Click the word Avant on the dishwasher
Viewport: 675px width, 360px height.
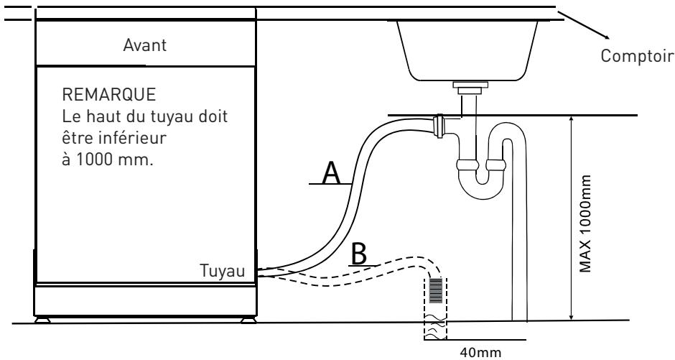coord(144,45)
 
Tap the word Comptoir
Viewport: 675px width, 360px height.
coord(637,56)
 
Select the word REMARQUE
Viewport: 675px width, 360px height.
coord(109,94)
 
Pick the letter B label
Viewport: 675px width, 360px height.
coord(359,254)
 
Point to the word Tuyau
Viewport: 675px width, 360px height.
coord(222,271)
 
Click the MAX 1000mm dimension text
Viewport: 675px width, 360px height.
coord(585,223)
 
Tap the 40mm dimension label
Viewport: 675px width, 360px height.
coord(480,352)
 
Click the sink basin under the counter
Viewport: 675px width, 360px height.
coord(467,51)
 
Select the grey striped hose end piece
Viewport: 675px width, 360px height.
coord(436,290)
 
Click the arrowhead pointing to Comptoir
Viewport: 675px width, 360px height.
coord(605,36)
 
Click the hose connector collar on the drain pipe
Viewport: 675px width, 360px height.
coord(439,126)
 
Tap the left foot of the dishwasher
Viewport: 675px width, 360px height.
coord(42,320)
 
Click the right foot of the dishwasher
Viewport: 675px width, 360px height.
coord(248,320)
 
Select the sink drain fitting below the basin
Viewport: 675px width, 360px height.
coord(470,88)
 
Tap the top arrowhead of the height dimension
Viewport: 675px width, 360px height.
coord(572,120)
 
